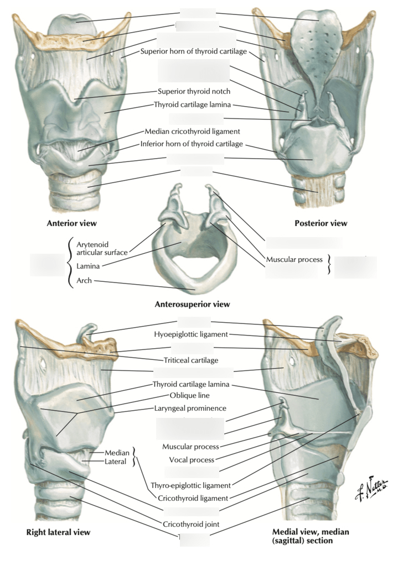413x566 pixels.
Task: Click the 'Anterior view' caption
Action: tap(72, 223)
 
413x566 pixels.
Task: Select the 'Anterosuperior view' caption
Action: tap(192, 304)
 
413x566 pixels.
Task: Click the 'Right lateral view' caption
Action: tap(58, 532)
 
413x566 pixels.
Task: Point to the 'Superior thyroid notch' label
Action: tap(194, 91)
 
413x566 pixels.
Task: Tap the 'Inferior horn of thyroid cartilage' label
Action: tap(192, 144)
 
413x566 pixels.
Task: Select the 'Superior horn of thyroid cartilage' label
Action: tap(193, 51)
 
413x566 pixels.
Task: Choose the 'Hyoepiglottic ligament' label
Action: tap(191, 334)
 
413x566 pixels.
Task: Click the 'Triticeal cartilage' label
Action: tap(191, 360)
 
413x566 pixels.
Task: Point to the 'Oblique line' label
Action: tap(189, 395)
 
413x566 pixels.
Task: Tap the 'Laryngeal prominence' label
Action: tap(190, 408)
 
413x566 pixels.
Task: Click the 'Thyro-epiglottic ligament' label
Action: tap(190, 485)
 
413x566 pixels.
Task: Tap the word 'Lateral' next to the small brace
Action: tap(115, 461)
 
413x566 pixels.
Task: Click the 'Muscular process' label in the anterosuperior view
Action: tap(294, 259)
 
